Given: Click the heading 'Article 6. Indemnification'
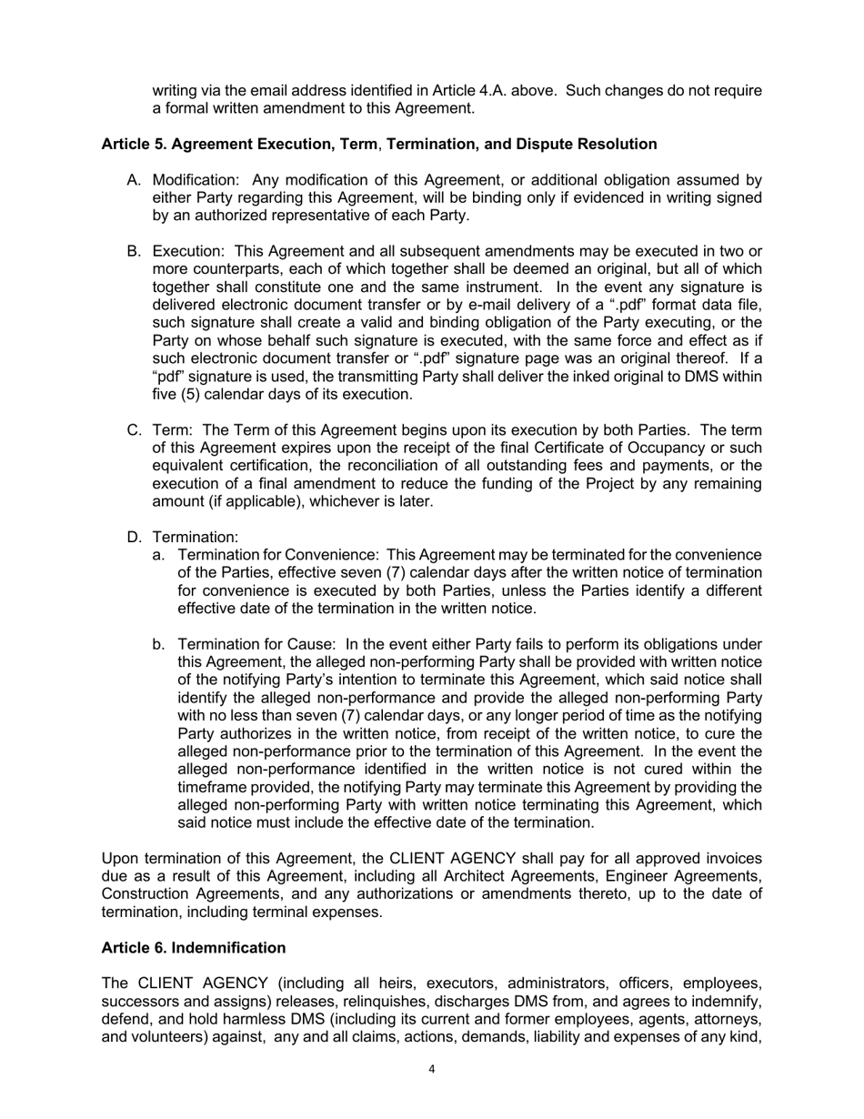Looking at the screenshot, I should coord(194,948).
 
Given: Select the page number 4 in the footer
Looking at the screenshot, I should coord(431,1069).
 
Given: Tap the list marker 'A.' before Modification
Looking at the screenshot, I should coord(134,180).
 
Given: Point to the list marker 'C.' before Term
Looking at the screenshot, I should coord(134,430).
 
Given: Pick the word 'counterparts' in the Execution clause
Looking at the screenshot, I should coord(236,269).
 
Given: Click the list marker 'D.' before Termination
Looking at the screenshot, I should coord(134,538).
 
